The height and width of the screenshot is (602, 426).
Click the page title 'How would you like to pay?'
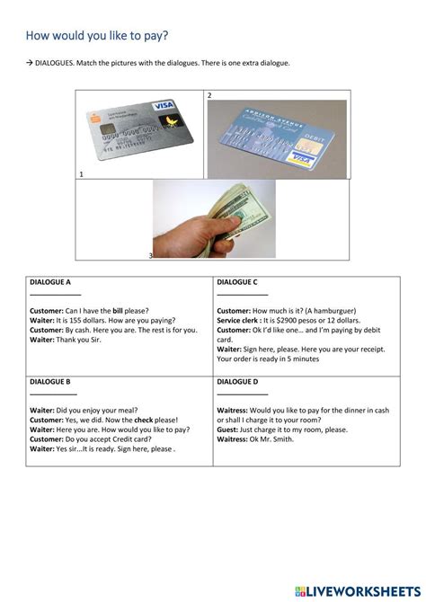(x=97, y=36)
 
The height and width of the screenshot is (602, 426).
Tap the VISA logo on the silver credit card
(x=164, y=106)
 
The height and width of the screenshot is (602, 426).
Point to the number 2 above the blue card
(x=209, y=94)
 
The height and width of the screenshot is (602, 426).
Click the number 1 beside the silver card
(x=82, y=173)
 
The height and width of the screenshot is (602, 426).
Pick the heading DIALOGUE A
(x=53, y=282)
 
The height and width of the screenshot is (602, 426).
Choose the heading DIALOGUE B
(x=52, y=382)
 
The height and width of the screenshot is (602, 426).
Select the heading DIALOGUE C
(x=237, y=282)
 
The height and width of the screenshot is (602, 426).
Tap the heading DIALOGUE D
(x=237, y=382)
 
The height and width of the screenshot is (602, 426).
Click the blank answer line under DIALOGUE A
(x=55, y=295)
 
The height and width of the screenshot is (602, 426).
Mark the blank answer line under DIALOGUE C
(x=242, y=295)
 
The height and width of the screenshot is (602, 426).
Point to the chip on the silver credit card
(x=107, y=130)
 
